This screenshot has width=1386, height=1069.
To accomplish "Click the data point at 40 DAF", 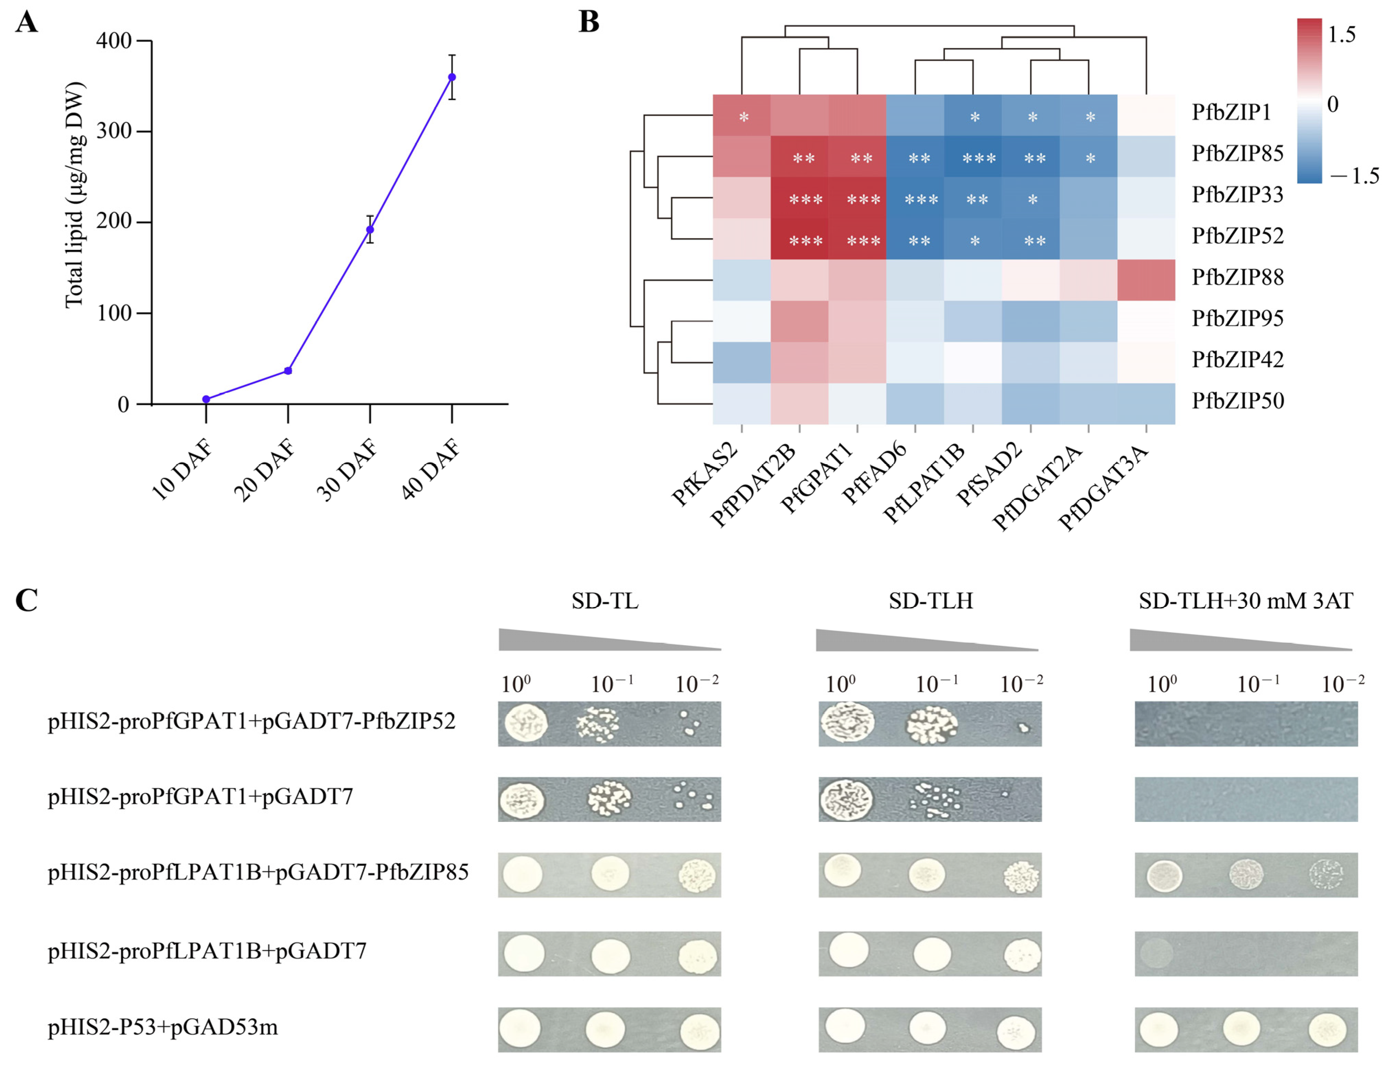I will [452, 78].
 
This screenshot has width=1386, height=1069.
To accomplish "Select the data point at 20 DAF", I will [288, 371].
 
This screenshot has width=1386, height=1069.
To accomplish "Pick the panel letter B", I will [589, 22].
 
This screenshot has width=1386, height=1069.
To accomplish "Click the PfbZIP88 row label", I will [1237, 277].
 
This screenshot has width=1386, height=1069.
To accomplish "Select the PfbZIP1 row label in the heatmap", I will [1231, 112].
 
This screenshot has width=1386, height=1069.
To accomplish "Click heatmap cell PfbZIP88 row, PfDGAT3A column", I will [1146, 280].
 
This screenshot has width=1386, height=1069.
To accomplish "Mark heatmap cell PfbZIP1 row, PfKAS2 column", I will [742, 115].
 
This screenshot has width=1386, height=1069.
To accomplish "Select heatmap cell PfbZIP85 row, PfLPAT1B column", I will [973, 157].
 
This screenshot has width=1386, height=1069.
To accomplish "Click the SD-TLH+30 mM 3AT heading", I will [1246, 601].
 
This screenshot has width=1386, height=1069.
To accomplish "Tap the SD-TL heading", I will [605, 601].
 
